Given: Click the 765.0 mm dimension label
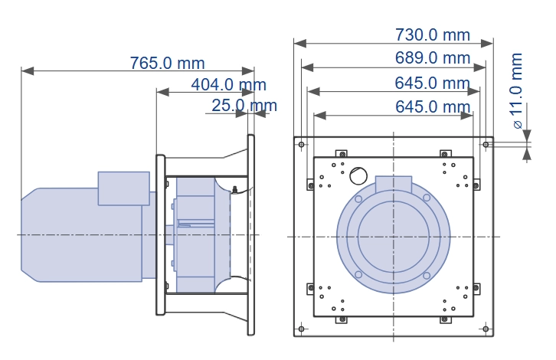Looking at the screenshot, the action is [x=167, y=63].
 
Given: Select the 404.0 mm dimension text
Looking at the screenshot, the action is [x=228, y=84].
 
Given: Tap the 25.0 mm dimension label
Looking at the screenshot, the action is [x=244, y=106].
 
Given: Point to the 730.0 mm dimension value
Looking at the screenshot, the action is [x=432, y=34].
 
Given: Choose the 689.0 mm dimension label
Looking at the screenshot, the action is [x=432, y=57].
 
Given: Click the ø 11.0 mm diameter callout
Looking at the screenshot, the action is [x=517, y=91].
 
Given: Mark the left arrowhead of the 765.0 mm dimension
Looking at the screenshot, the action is [x=28, y=71].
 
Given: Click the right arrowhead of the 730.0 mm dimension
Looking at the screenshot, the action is [x=487, y=43].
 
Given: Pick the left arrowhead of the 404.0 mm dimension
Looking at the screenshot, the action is [x=163, y=92].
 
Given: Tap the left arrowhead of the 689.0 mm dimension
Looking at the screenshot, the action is [x=307, y=67].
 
